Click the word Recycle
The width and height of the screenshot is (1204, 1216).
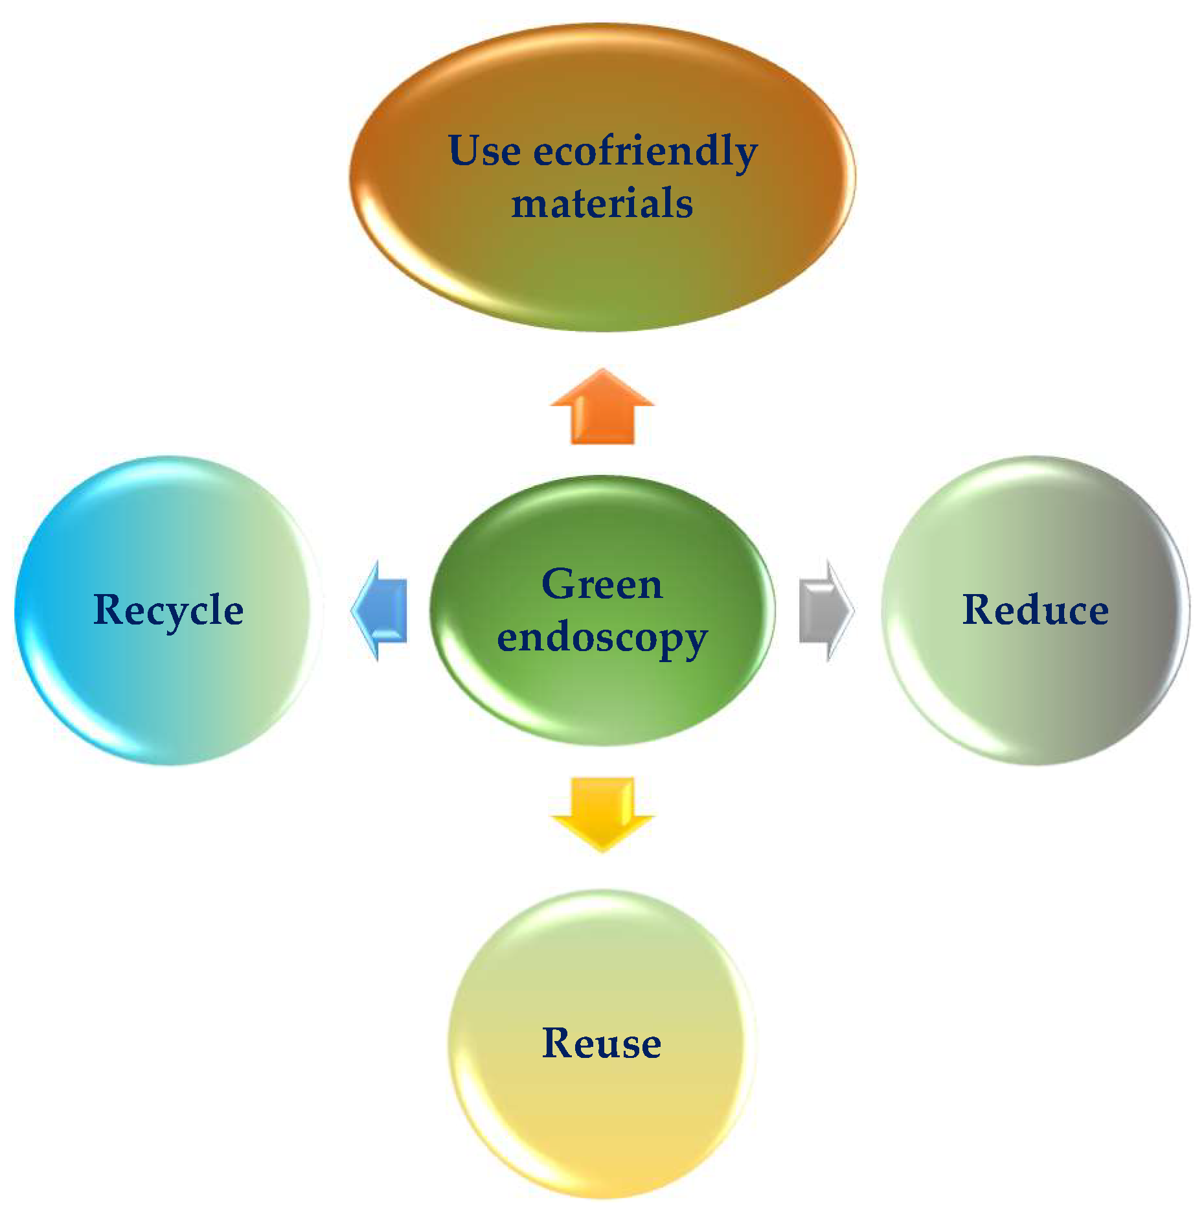click(168, 610)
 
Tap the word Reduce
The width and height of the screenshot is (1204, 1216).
click(1035, 610)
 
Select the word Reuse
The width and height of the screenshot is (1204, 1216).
click(602, 1043)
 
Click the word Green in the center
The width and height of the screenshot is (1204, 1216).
click(602, 584)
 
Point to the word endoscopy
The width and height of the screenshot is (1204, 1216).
click(602, 638)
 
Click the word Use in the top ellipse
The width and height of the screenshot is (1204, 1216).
click(484, 152)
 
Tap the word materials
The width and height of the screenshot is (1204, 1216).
click(602, 203)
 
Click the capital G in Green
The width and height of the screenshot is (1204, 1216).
click(559, 584)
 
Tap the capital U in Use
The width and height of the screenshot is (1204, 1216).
click(464, 150)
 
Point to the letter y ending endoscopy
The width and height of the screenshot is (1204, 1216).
click(694, 641)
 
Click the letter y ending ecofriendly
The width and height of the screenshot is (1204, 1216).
click(744, 155)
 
